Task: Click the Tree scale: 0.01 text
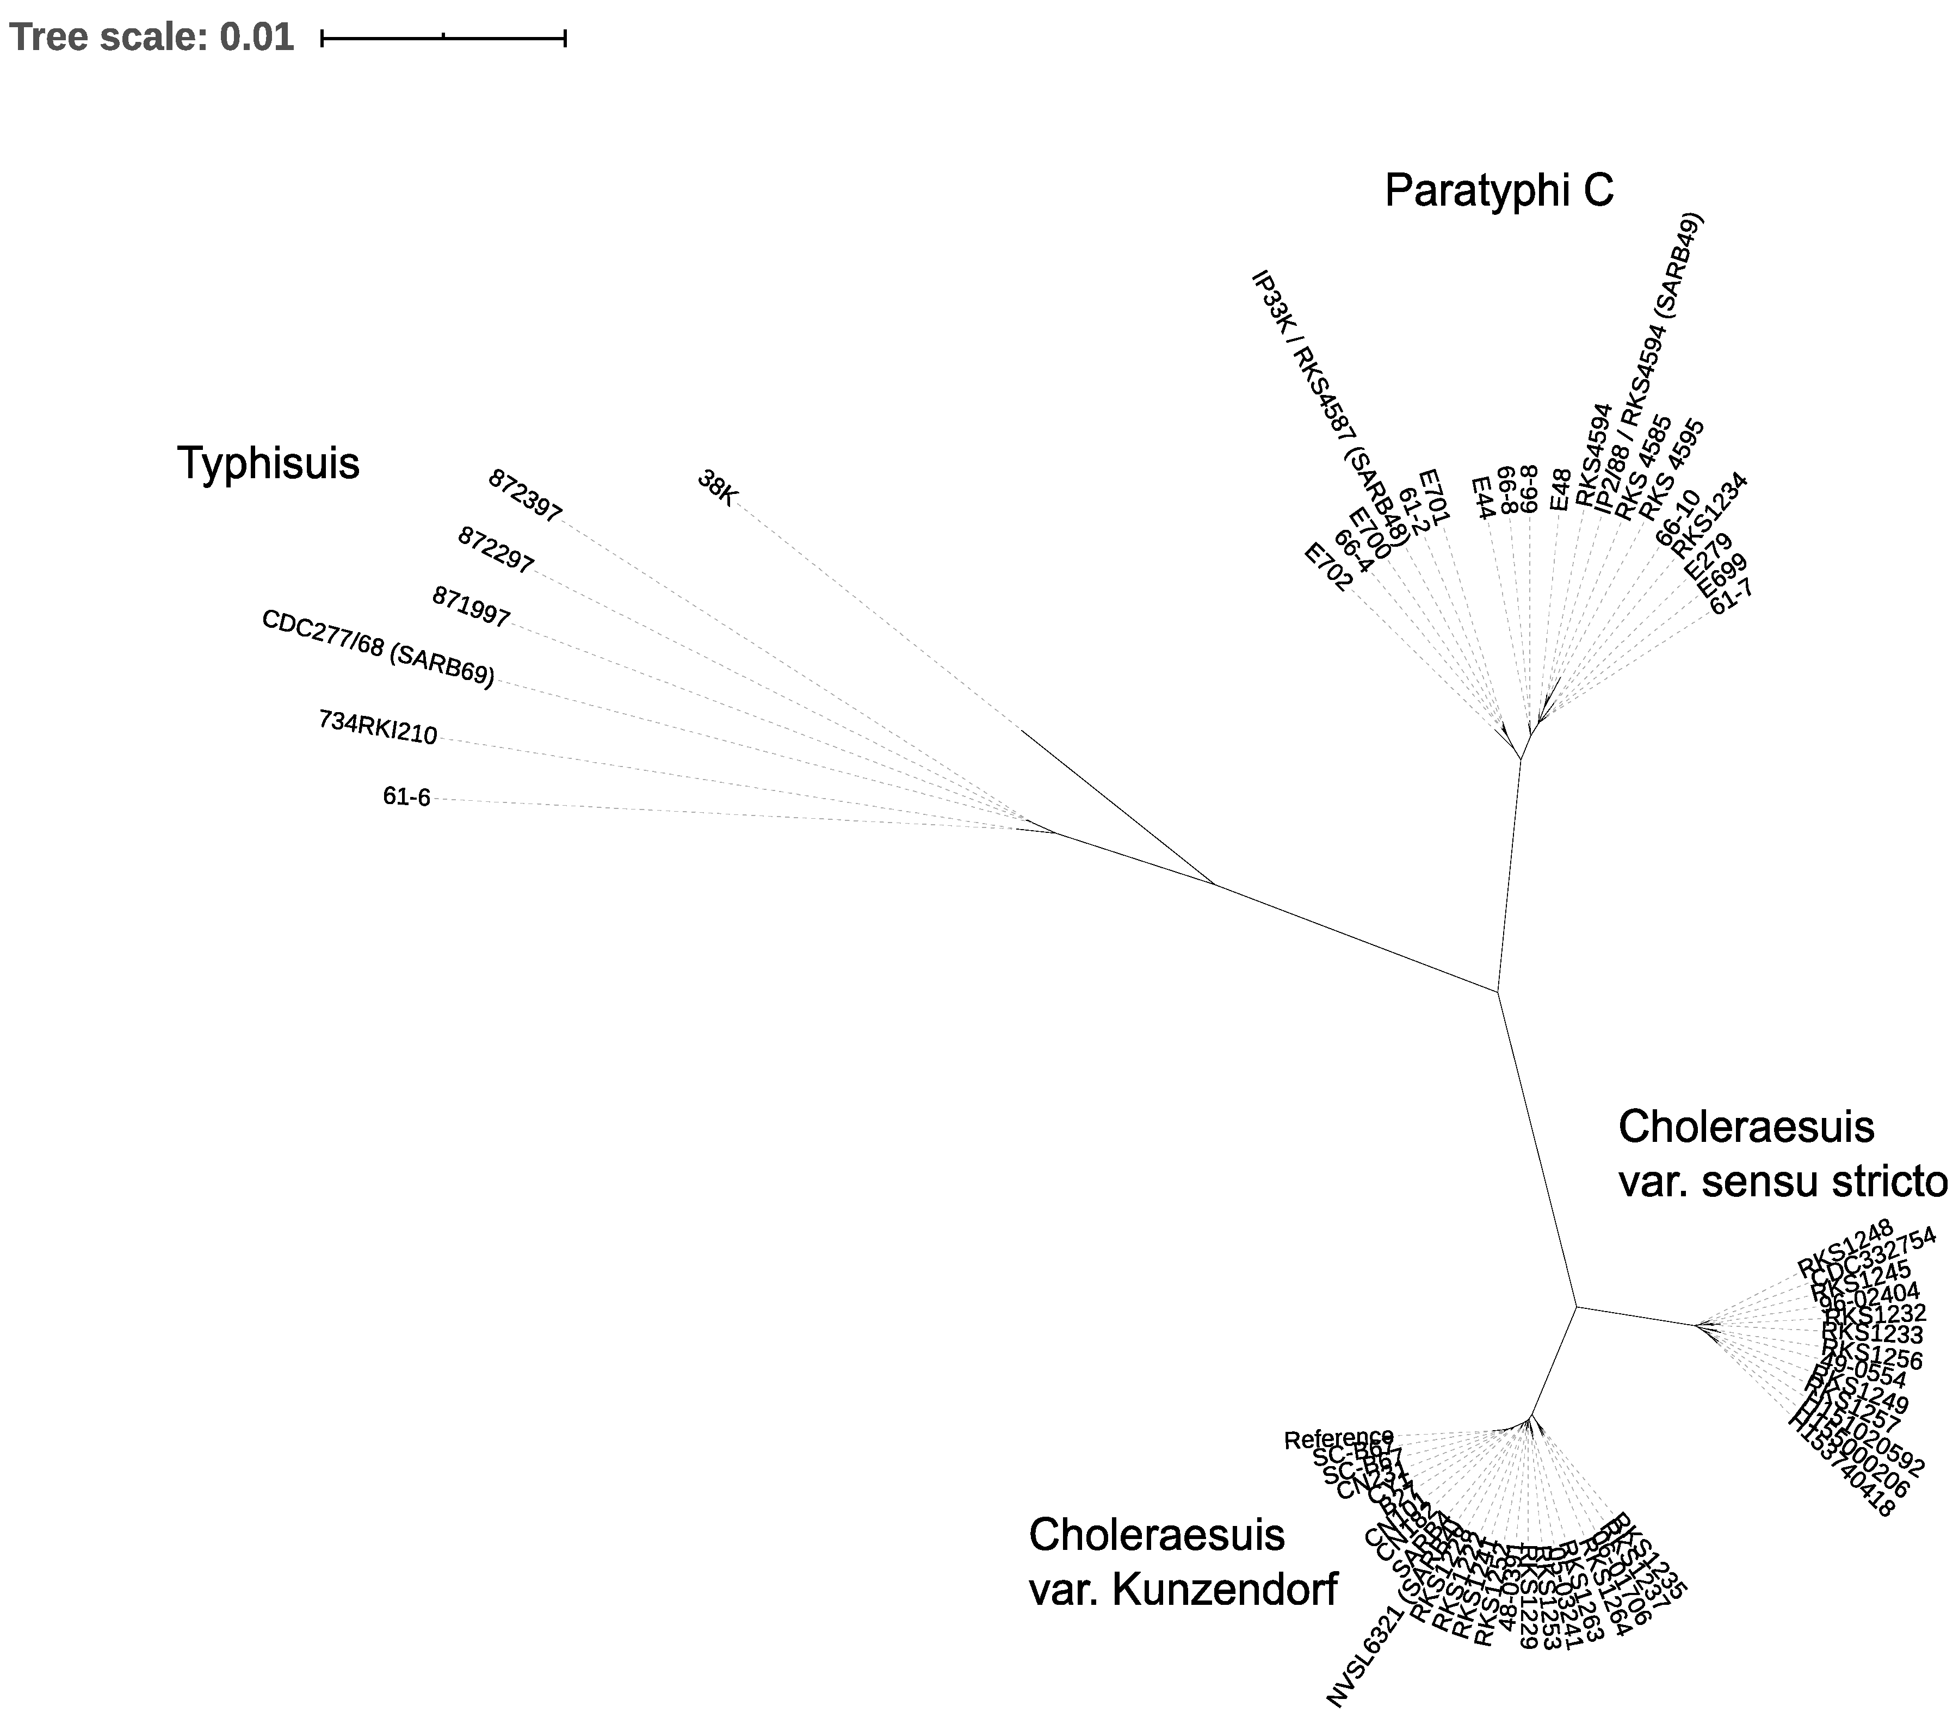pos(151,38)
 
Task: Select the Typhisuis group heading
pos(268,464)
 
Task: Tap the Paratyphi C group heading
pos(1499,190)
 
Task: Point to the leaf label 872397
pos(524,496)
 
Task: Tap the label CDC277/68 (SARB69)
pos(378,648)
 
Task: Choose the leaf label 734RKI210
pos(378,727)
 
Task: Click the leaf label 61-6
pos(406,797)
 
